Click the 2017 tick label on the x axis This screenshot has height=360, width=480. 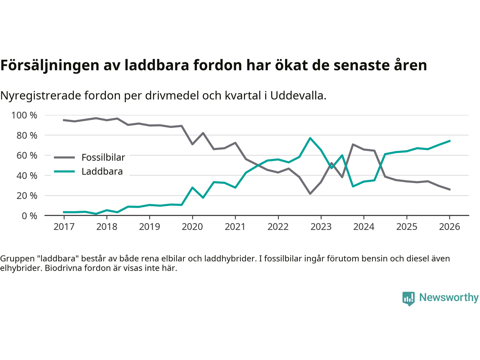(64, 227)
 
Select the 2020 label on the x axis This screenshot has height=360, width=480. (192, 227)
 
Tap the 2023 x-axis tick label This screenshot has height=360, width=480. (321, 227)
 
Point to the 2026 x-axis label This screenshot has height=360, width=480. (449, 227)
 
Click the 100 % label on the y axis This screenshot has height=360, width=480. (24, 115)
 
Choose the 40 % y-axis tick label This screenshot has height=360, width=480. (27, 175)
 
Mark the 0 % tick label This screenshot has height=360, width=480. (29, 216)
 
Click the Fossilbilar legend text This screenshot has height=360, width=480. (103, 157)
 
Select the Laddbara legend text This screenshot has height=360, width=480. (102, 172)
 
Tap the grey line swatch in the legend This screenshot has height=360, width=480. (64, 157)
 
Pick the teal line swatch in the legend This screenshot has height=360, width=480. (64, 172)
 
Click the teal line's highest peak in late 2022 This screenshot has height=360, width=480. (310, 138)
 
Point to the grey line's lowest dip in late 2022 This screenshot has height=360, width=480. (310, 193)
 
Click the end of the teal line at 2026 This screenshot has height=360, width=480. (450, 141)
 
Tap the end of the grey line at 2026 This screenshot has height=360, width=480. (450, 190)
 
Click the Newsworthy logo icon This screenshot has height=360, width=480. (409, 298)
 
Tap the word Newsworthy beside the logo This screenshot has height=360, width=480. (449, 297)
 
